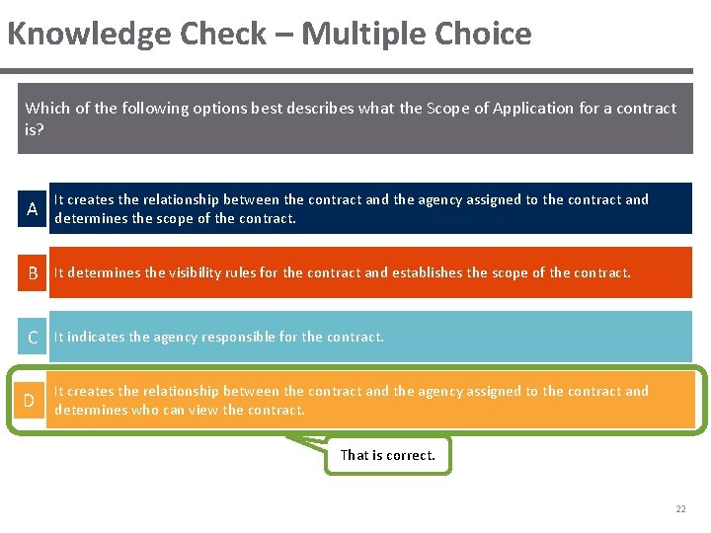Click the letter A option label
32,209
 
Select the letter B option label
32,273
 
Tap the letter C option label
32,338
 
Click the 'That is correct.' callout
387,455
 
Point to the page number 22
680,509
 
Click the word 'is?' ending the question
35,128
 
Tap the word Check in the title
224,35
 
